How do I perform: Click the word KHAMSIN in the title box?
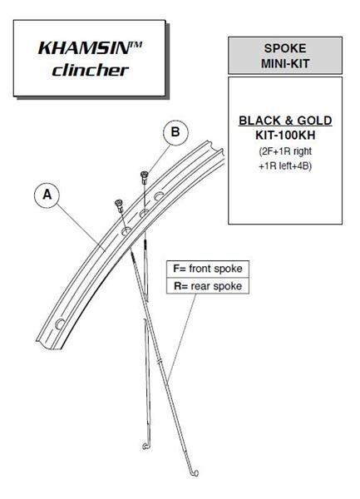84,48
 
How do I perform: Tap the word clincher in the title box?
91,71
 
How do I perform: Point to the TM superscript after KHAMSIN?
136,44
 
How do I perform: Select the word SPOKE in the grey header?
285,48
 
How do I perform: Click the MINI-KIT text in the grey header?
285,63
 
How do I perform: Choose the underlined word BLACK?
259,121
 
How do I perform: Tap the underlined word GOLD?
314,121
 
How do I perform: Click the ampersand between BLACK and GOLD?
288,121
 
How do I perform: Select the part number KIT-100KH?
285,136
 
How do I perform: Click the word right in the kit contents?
303,151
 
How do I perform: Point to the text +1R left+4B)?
285,166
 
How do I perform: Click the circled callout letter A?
47,194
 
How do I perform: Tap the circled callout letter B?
175,131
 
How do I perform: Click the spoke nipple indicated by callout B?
144,177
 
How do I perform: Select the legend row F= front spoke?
208,269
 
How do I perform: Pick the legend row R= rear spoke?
208,286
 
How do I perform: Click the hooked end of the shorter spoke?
145,446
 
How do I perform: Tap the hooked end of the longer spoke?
194,473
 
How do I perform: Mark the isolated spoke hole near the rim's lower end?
60,324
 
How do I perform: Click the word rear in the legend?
201,286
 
